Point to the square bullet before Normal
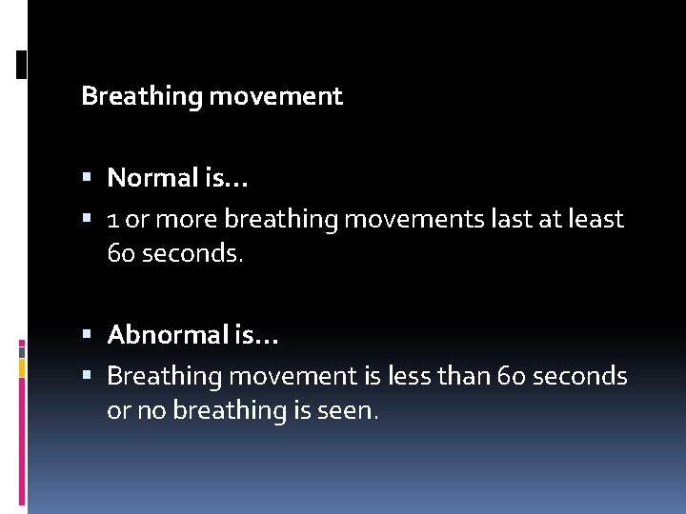(87, 178)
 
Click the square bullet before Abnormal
(87, 335)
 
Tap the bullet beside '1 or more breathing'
(87, 220)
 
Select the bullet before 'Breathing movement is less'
(87, 377)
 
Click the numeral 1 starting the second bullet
(113, 220)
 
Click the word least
(595, 219)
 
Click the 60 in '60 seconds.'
(122, 254)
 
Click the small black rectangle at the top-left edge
(22, 64)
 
